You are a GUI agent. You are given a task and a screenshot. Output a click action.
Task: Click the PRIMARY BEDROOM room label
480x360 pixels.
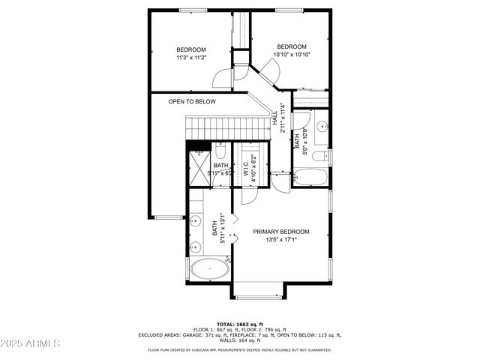pyautogui.click(x=280, y=232)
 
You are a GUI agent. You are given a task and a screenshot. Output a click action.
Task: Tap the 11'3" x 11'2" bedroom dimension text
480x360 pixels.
pyautogui.click(x=191, y=58)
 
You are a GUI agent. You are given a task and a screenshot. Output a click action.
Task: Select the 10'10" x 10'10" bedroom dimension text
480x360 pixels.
pyautogui.click(x=291, y=54)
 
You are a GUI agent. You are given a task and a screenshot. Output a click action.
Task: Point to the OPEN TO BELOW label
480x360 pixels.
pyautogui.click(x=191, y=101)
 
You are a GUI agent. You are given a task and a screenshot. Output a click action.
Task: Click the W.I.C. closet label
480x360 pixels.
pyautogui.click(x=245, y=169)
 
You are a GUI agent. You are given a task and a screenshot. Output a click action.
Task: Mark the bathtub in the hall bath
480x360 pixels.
pyautogui.click(x=309, y=178)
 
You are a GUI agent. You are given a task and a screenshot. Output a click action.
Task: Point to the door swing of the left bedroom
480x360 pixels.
pyautogui.click(x=223, y=77)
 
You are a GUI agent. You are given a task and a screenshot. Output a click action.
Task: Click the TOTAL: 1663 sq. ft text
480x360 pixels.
pyautogui.click(x=239, y=322)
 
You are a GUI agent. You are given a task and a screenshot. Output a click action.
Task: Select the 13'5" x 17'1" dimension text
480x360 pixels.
pyautogui.click(x=280, y=241)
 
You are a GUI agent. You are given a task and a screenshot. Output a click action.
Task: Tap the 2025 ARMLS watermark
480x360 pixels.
pyautogui.click(x=31, y=344)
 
